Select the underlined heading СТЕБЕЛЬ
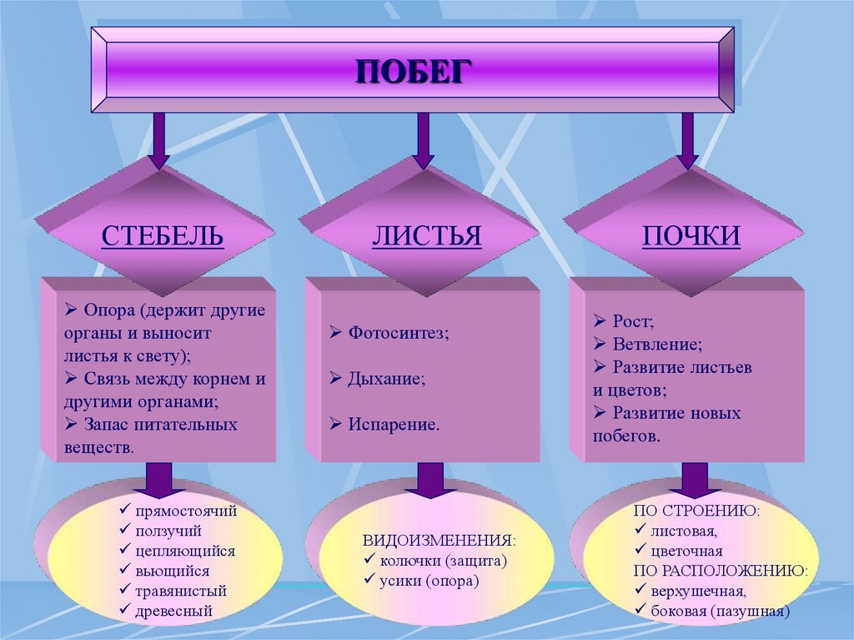pos(163,235)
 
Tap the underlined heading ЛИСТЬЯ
pos(426,235)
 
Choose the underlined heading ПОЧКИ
pos(691,235)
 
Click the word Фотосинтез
pos(397,333)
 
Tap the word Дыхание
pos(386,378)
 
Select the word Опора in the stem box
pos(108,310)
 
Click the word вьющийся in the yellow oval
pos(172,572)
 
